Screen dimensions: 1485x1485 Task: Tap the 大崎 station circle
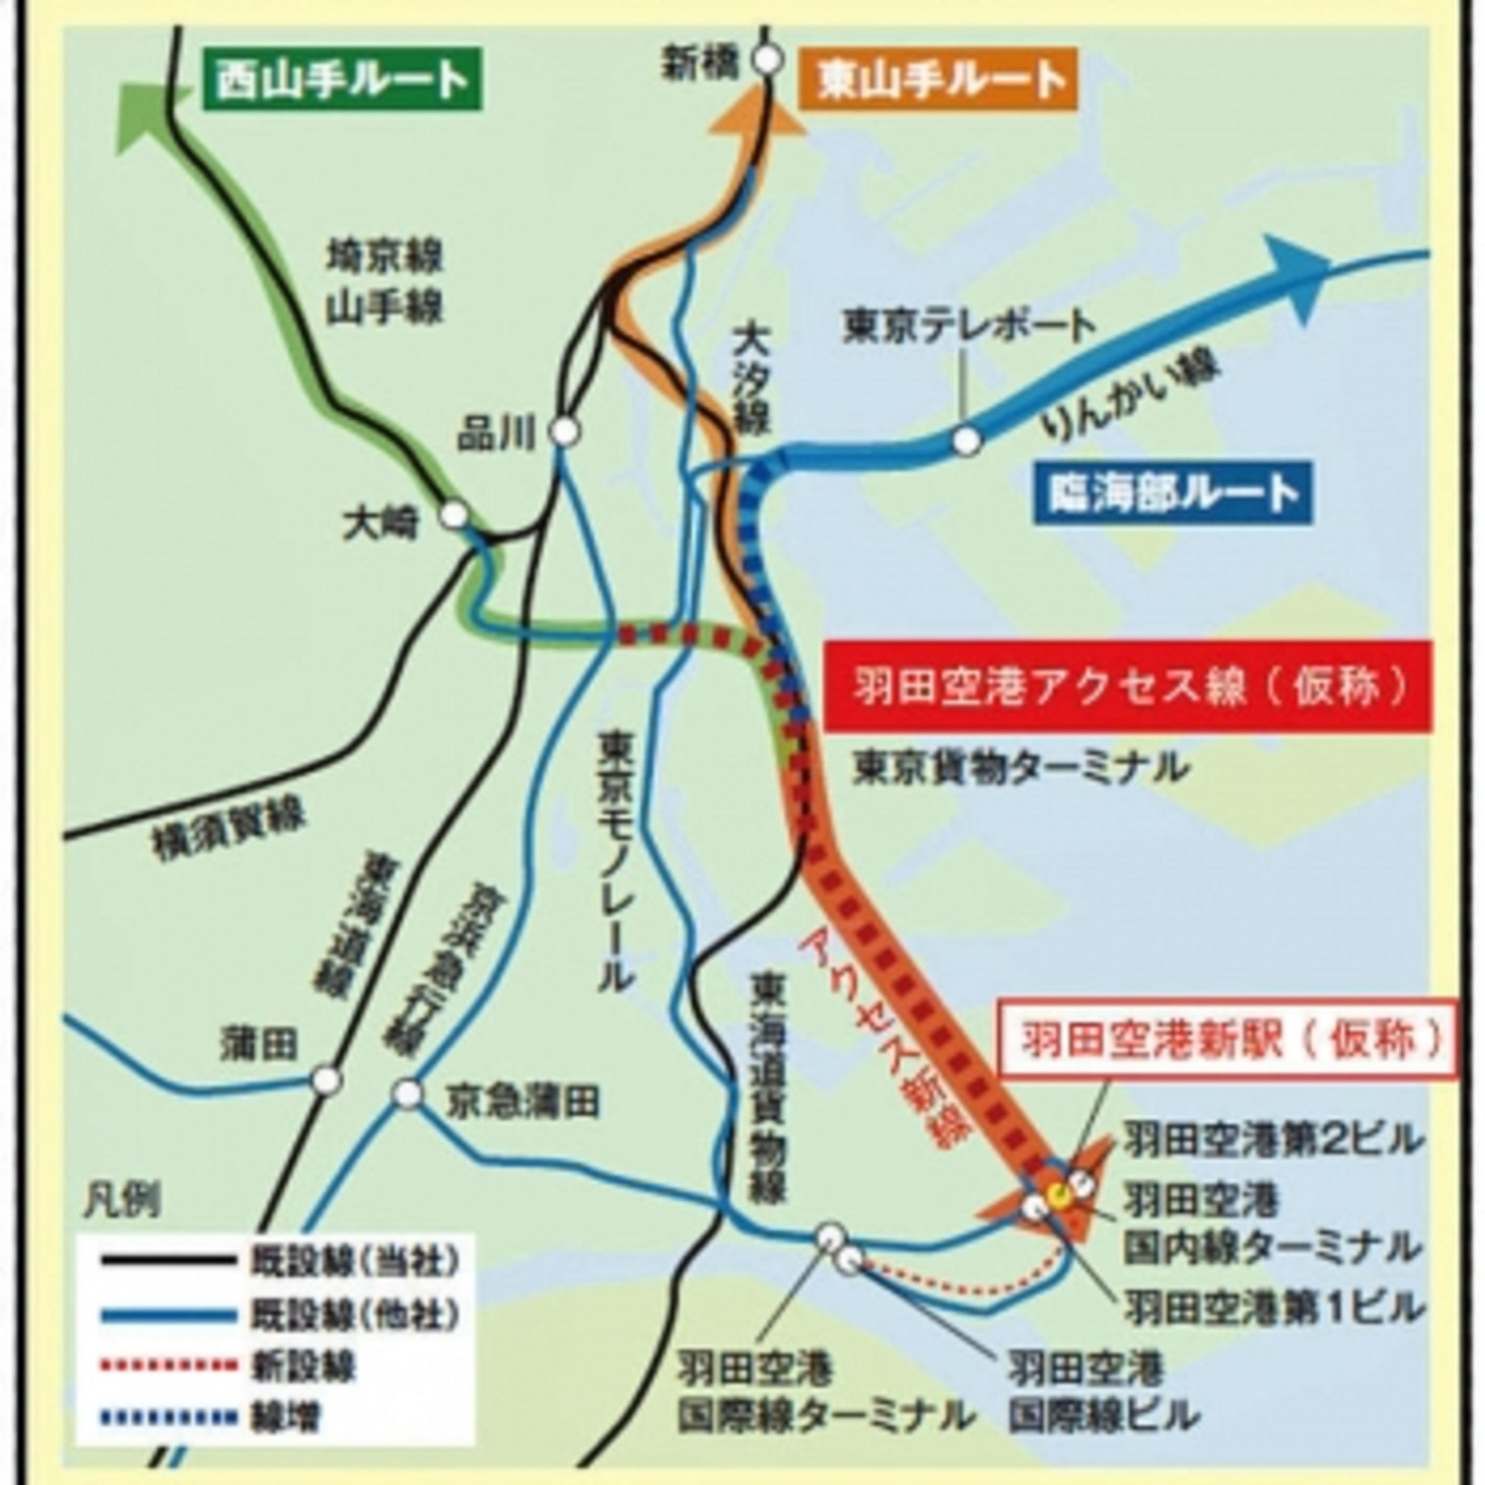(454, 515)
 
